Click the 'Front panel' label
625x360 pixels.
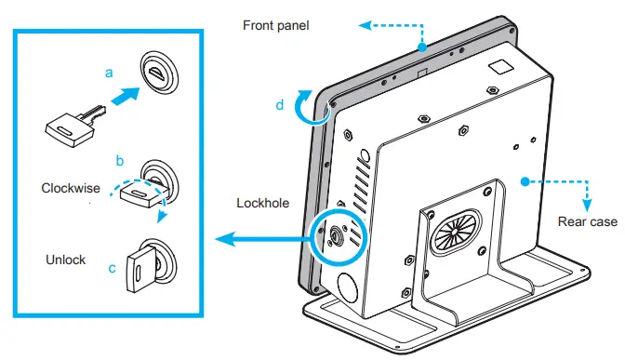click(276, 25)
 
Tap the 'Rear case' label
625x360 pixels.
click(588, 221)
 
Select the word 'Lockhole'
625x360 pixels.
click(262, 203)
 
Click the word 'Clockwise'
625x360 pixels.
click(71, 188)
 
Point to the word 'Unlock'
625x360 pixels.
click(66, 260)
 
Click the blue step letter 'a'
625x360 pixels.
click(109, 73)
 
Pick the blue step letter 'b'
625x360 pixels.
click(120, 161)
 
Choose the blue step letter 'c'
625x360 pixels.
click(112, 268)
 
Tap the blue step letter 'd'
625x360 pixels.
click(280, 105)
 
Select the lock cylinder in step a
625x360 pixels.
click(159, 73)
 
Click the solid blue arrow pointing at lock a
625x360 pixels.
click(126, 96)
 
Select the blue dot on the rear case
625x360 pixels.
click(525, 181)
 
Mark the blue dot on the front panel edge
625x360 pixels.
click(422, 47)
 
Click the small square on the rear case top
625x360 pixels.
click(501, 67)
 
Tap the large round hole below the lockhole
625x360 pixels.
click(348, 287)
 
